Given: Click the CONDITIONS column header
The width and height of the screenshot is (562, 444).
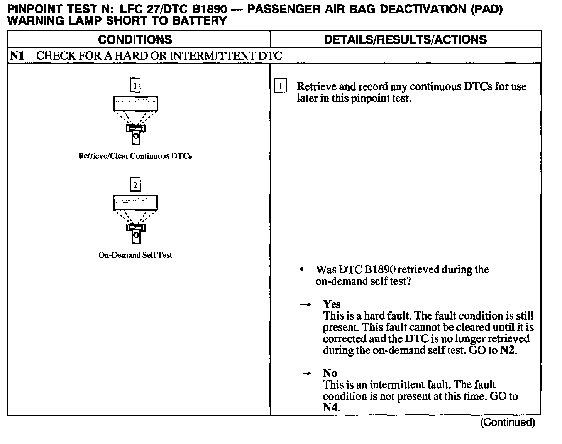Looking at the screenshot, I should [135, 39].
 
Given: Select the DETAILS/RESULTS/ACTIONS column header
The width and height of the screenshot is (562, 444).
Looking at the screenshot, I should [405, 39].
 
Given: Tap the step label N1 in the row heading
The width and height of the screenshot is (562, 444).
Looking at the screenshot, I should [17, 56].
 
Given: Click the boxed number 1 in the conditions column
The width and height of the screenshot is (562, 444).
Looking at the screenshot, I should [135, 86].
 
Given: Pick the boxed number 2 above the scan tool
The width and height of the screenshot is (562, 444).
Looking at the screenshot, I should [135, 185].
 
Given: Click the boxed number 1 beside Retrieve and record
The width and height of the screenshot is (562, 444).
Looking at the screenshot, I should [280, 86].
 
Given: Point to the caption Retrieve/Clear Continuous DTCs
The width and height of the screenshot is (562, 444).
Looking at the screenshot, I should [135, 156].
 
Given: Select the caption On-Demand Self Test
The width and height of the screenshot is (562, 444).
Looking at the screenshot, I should [135, 255].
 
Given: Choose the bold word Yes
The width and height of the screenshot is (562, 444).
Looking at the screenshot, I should [332, 304].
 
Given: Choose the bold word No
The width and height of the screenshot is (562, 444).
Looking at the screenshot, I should [330, 373].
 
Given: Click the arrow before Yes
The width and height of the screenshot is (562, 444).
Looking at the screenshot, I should [305, 304].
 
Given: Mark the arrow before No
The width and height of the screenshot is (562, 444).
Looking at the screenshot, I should [305, 373].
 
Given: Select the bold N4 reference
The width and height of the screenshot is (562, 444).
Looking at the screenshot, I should [331, 407].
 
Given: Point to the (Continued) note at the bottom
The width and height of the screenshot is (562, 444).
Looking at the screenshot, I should [508, 422].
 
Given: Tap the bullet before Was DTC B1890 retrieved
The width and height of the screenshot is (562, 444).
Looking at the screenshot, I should [301, 269].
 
